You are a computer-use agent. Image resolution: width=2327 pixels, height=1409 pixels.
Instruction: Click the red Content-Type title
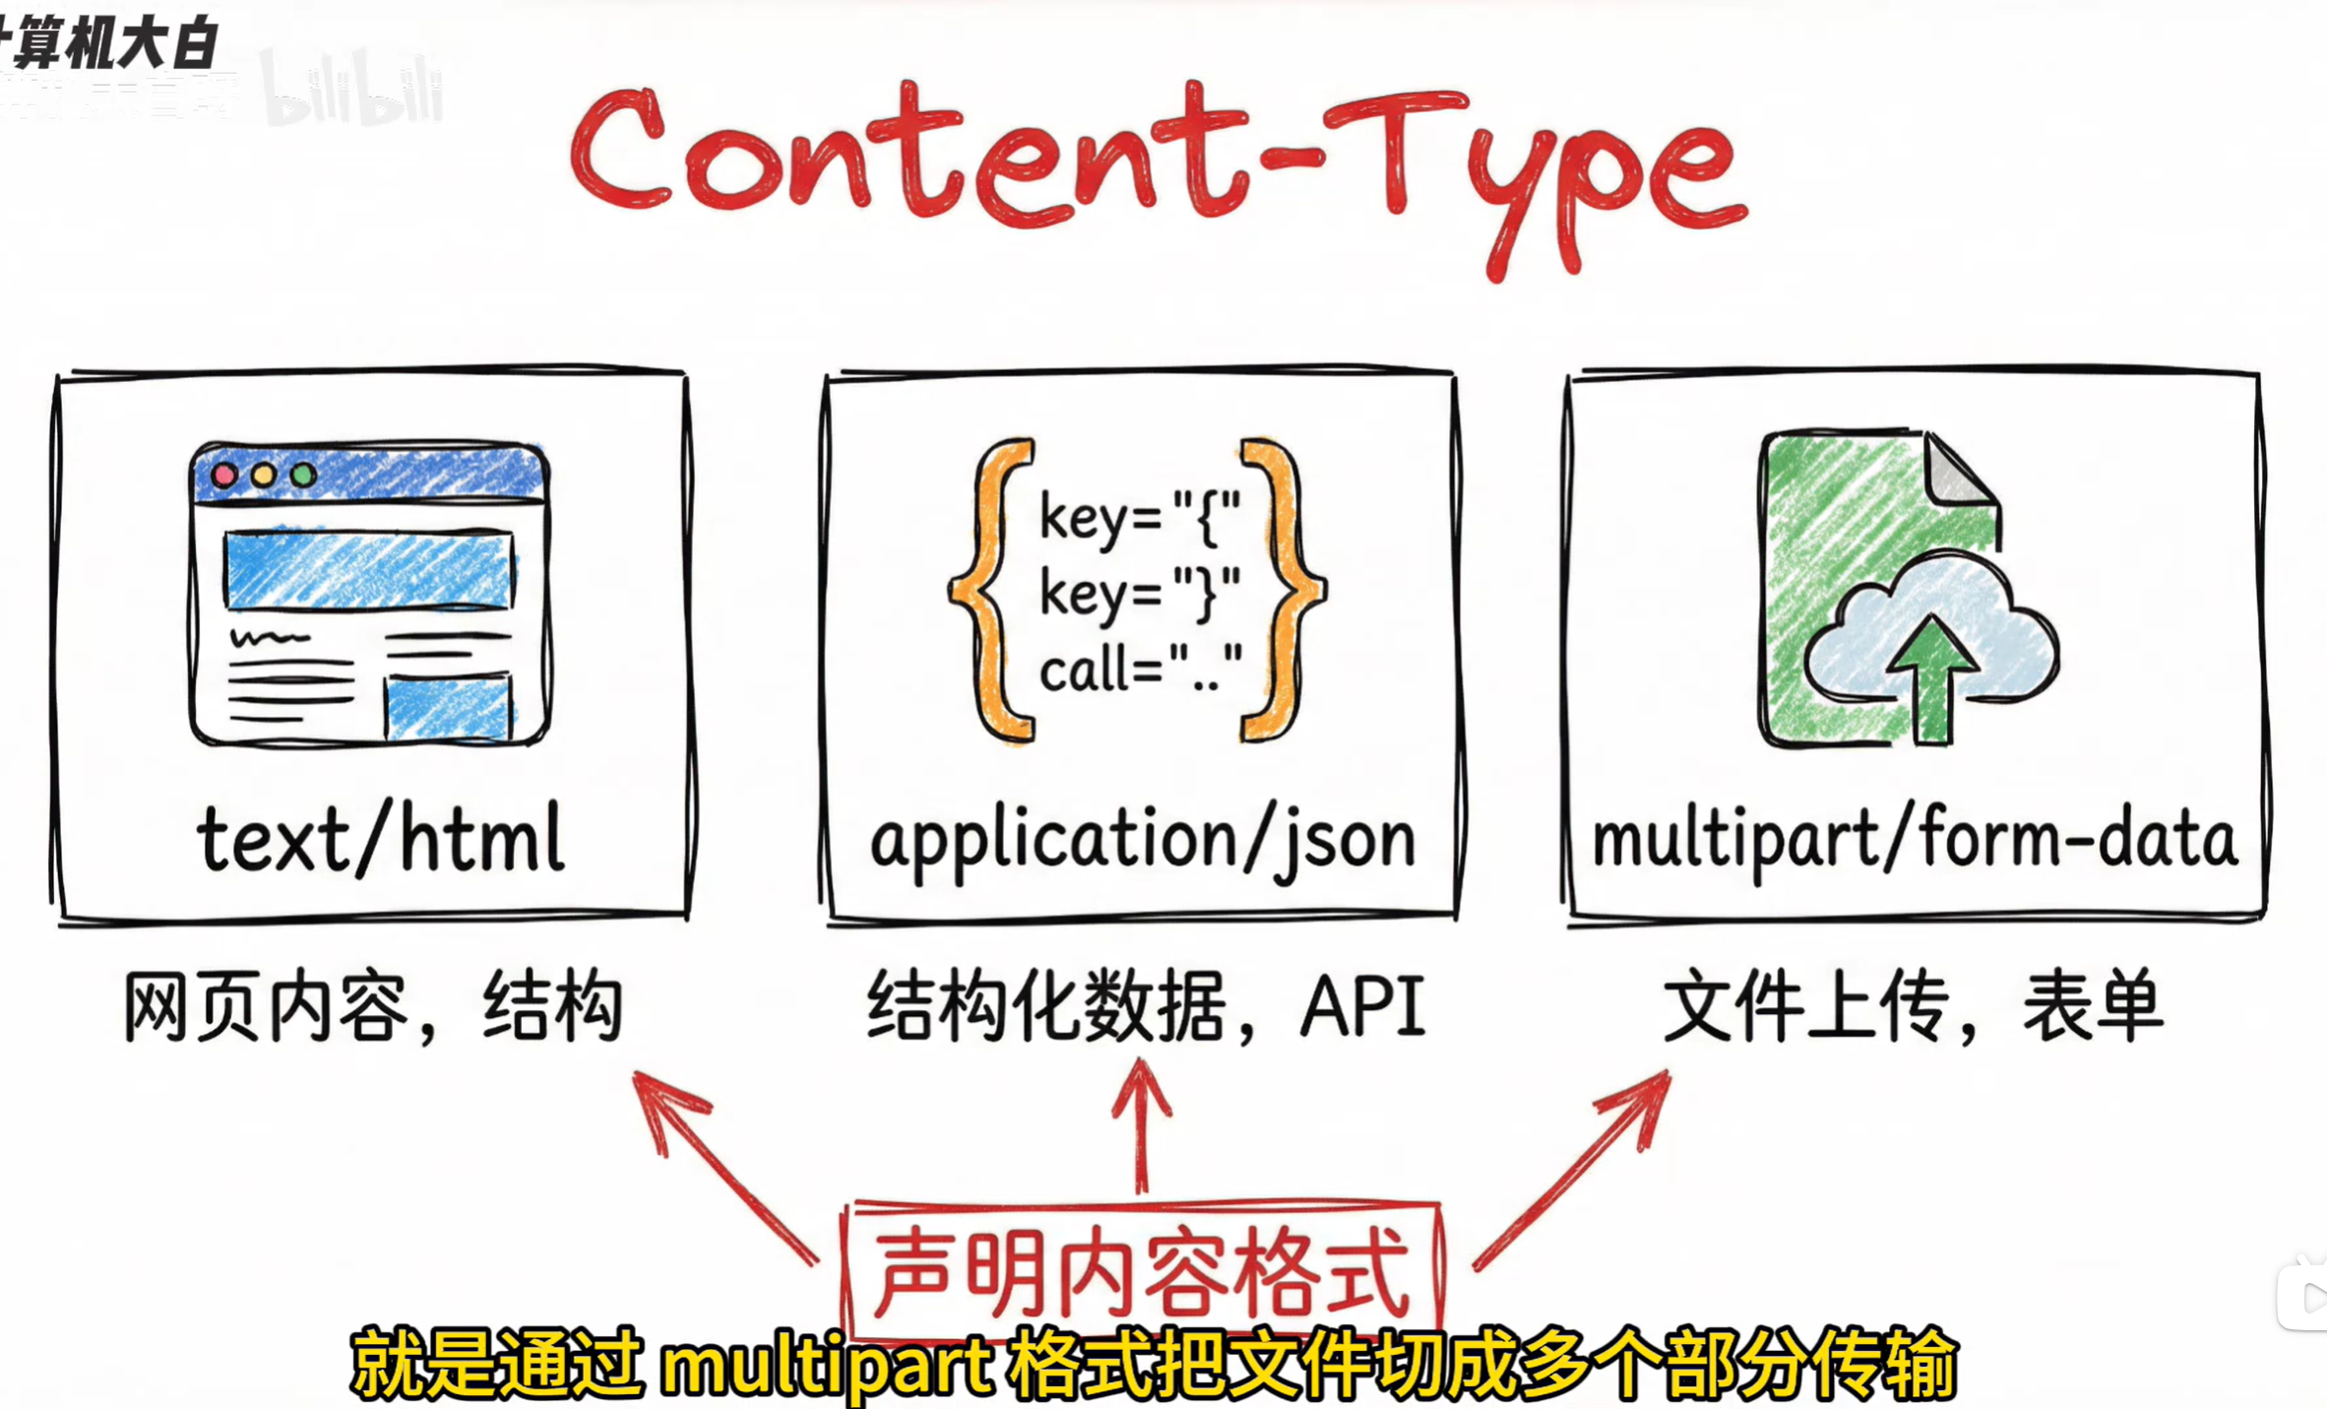coord(1158,162)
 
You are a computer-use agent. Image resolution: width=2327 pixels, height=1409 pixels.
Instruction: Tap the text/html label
coord(381,839)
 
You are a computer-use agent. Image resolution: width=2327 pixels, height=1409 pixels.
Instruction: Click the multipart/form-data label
coord(1914,839)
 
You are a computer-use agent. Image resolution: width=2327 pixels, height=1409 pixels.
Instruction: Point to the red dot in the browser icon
coord(224,476)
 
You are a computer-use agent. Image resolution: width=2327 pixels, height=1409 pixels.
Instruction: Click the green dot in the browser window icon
coord(303,476)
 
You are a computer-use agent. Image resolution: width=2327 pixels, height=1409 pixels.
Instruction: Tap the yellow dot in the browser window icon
coord(263,476)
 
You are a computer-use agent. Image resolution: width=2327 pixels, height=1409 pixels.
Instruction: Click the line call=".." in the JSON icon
coord(1140,670)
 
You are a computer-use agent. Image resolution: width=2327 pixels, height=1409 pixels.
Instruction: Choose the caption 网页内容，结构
coord(372,1006)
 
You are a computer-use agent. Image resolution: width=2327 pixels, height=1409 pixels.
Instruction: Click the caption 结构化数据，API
coord(1146,1006)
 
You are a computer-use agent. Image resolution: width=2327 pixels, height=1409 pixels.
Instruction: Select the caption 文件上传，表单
coord(1912,1006)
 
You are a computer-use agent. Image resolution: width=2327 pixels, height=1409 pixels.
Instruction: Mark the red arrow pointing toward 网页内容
coord(723,1167)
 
